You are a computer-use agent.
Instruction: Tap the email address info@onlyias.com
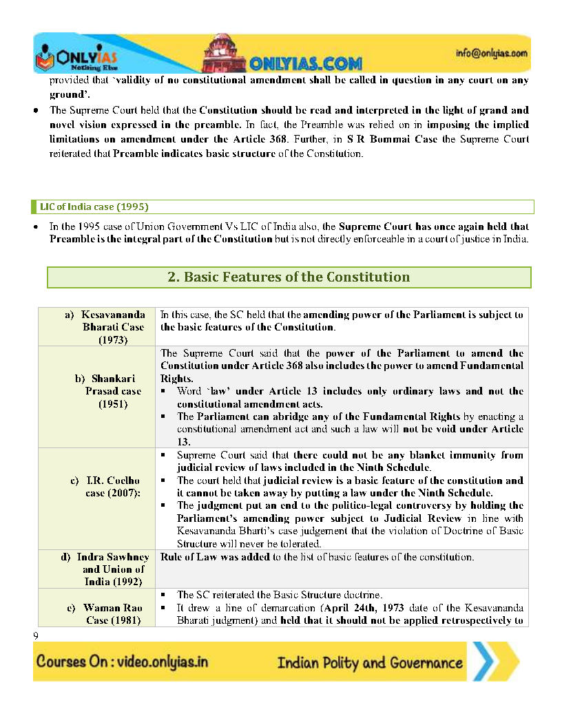tap(491, 53)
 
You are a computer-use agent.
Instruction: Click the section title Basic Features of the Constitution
tap(289, 277)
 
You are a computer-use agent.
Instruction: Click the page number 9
tap(36, 635)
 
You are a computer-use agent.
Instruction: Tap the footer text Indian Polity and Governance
tap(370, 663)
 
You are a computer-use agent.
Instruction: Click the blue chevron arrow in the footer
tap(493, 662)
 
